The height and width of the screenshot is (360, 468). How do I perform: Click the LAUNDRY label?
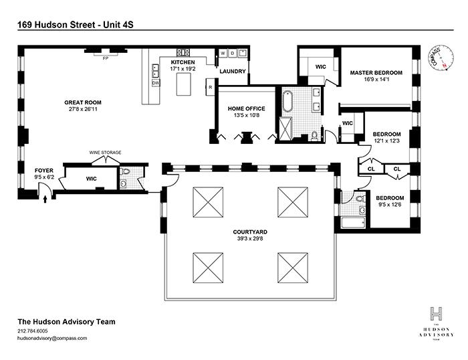(232, 72)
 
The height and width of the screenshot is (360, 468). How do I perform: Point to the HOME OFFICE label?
(247, 109)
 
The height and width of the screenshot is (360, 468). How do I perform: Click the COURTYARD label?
(246, 232)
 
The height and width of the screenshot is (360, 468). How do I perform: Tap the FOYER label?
(44, 171)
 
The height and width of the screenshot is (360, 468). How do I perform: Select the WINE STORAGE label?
(106, 153)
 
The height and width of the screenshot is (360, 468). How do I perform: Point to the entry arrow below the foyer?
(45, 198)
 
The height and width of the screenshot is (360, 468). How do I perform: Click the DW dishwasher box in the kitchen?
(155, 84)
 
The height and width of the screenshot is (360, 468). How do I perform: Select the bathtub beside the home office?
(288, 101)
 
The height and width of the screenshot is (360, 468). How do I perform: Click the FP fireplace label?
(105, 58)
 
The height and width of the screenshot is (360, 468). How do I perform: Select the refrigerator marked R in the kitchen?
(210, 87)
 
